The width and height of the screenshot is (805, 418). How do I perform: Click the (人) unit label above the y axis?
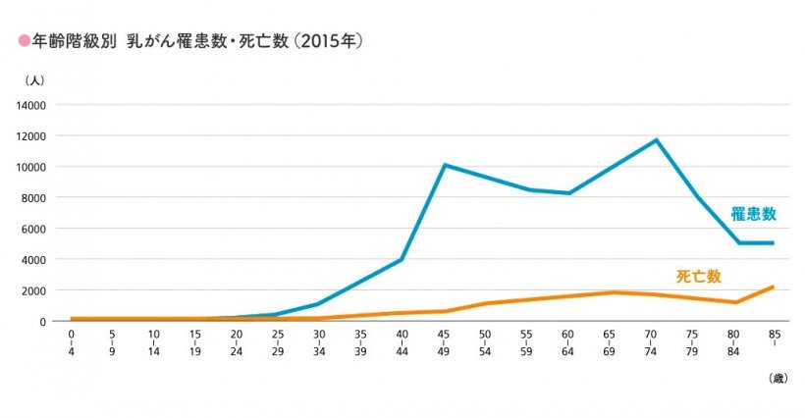33,79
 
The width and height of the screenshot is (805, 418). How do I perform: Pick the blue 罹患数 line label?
753,213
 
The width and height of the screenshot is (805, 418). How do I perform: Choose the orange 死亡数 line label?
699,276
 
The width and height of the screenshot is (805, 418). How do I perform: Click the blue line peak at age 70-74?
656,139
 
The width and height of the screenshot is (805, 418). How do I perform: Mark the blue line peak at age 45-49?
445,165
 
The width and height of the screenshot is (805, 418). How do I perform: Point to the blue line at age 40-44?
402,259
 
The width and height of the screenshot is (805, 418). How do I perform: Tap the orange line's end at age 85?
774,287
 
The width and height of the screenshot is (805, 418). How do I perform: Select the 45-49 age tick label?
445,341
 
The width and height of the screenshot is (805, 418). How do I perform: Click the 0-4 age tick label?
71,341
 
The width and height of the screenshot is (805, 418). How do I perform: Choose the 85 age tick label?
774,336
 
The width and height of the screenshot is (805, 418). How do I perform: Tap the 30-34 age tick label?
320,341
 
